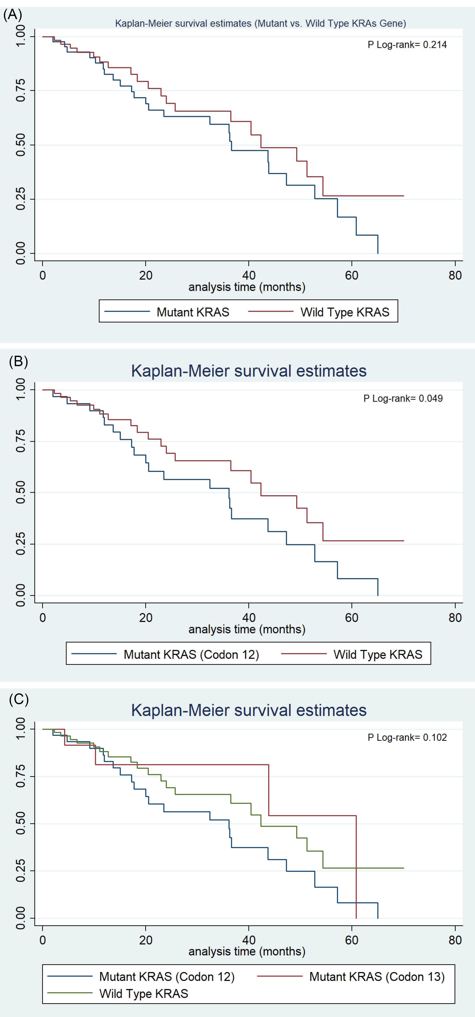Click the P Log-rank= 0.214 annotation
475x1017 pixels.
(x=407, y=45)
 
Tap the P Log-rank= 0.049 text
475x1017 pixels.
(x=403, y=398)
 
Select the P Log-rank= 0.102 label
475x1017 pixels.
(x=407, y=737)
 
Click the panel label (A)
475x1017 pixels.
(x=13, y=15)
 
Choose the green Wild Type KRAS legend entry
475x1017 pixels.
(x=143, y=993)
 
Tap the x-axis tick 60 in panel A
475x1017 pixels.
(x=351, y=275)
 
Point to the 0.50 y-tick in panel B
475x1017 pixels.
(x=21, y=492)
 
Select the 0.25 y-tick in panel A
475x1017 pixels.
(x=21, y=199)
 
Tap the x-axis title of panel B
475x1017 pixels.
(x=247, y=629)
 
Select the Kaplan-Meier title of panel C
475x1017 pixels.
(x=249, y=710)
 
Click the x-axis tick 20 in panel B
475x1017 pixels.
(x=146, y=617)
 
